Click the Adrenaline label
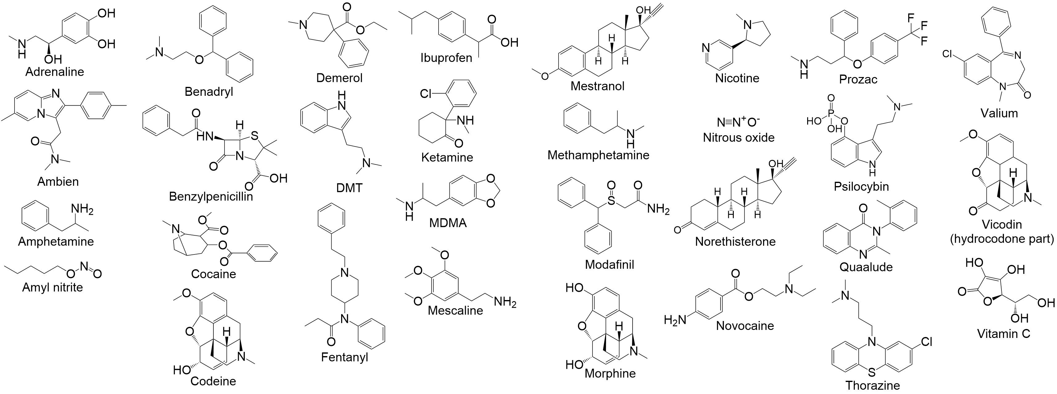(55, 72)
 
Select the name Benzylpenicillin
(211, 197)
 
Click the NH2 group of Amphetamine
(82, 210)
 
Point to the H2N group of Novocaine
(675, 319)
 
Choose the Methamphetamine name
(598, 155)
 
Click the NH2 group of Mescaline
(505, 302)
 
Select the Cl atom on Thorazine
(927, 342)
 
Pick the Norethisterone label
(735, 242)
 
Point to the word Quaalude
(866, 267)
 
